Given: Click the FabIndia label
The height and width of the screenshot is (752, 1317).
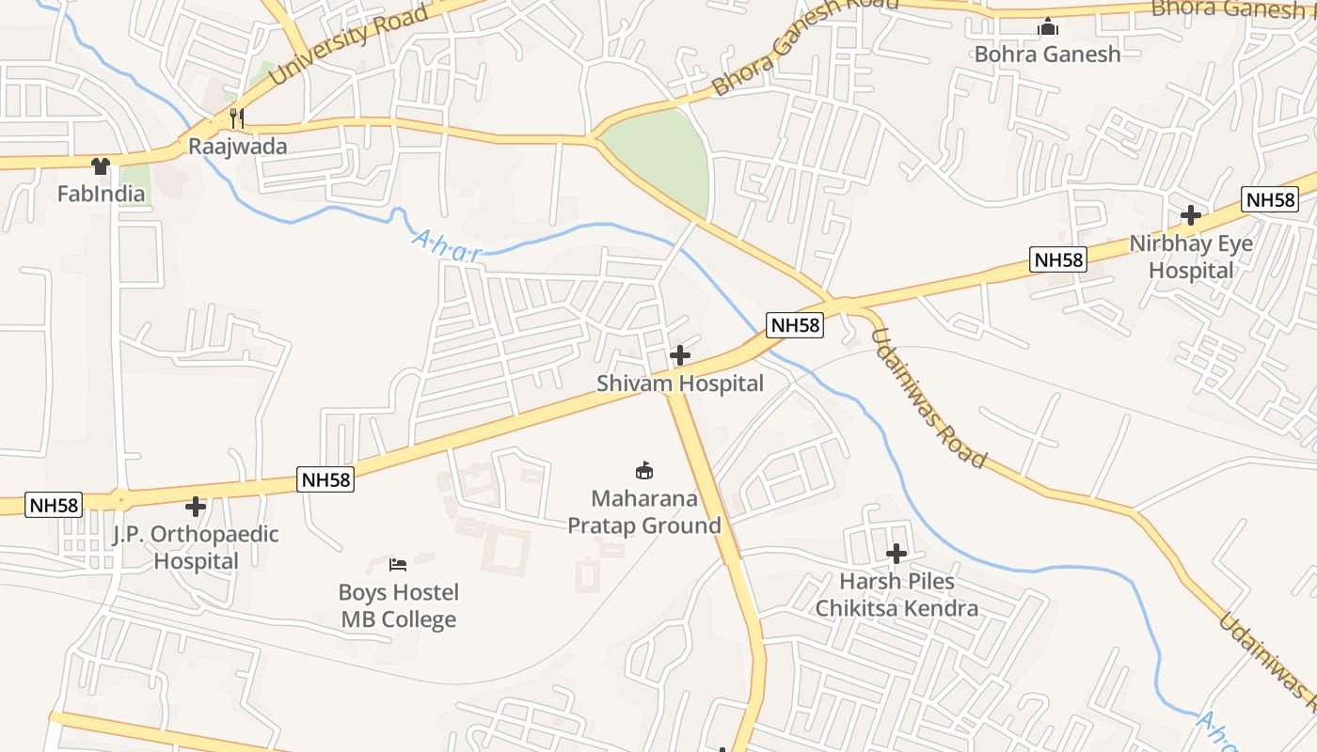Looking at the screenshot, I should [102, 195].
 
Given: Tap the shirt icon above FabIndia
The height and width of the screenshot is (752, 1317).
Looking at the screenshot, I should [101, 166].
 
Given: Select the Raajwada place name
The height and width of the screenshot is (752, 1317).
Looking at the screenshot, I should [237, 147].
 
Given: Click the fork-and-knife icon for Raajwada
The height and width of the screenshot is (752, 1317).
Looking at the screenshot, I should [237, 118].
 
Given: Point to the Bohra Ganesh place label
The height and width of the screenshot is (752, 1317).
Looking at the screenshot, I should [1047, 55].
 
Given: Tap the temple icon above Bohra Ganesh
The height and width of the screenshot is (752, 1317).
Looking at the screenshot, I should [1047, 27].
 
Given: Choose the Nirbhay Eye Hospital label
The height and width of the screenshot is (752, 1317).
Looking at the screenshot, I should [1191, 257].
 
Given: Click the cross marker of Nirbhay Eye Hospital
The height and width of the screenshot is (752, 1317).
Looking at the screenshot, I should [1191, 215].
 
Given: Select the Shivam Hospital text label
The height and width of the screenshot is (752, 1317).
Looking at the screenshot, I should [680, 384].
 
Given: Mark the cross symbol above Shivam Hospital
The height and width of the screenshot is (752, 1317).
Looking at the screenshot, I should [679, 355].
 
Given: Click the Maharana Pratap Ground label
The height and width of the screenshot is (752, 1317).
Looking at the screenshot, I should [644, 512].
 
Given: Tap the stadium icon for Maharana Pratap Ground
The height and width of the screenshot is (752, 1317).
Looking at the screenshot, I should [644, 470].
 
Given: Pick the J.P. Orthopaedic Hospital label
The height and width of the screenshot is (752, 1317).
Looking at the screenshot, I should [196, 547].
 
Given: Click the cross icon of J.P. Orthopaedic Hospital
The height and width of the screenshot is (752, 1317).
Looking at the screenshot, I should [196, 507].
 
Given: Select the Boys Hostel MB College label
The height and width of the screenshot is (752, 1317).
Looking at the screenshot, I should [399, 605].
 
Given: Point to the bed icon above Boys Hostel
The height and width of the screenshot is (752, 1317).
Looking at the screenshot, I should [398, 564].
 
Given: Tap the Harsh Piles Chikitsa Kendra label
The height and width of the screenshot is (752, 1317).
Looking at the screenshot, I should [897, 595].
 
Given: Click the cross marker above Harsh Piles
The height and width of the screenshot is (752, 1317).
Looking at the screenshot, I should [897, 554].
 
